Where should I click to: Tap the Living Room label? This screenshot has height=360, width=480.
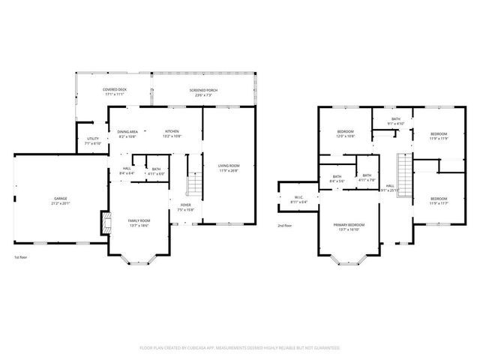tap(229, 167)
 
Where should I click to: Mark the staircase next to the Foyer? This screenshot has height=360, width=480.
tap(194, 182)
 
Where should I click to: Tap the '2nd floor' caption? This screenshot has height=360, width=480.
tap(285, 225)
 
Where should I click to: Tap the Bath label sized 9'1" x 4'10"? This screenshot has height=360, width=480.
tap(395, 120)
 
